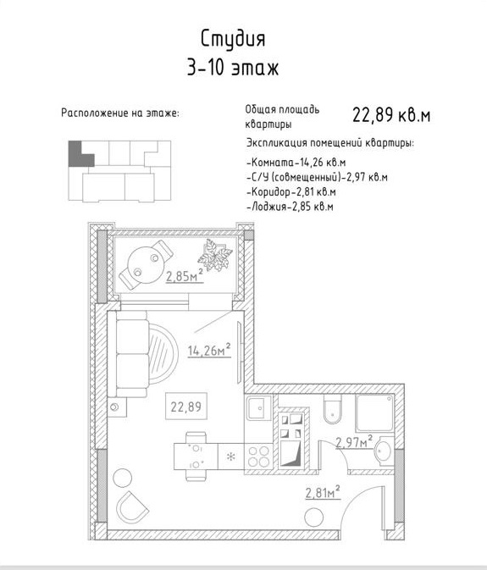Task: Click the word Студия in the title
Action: [x=233, y=39]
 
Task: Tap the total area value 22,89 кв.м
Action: [x=391, y=115]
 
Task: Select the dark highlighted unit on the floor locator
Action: [x=80, y=154]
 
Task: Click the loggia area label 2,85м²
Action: [x=185, y=276]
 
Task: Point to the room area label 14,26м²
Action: [x=209, y=350]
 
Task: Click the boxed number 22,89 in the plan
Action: [x=186, y=407]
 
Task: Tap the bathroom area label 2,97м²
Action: [x=354, y=442]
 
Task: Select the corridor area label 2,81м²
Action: [x=323, y=493]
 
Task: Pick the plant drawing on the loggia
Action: [x=215, y=254]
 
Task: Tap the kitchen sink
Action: [x=259, y=408]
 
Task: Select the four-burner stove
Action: [x=259, y=457]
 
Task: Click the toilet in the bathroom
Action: [x=333, y=410]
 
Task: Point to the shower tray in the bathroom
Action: [x=374, y=413]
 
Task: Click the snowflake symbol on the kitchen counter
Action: [x=230, y=457]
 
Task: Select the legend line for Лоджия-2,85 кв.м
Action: [x=290, y=207]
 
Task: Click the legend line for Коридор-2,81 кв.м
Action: [x=291, y=191]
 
